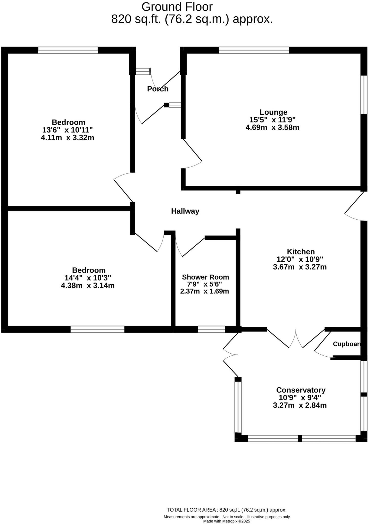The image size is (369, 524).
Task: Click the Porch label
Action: [x=158, y=89]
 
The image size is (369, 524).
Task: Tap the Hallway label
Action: [x=185, y=211]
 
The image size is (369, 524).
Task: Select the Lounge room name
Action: [x=273, y=112]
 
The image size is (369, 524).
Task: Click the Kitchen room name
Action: [x=301, y=252]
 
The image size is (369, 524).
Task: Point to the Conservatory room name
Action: [x=301, y=390]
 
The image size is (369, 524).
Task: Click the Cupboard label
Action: [x=347, y=344]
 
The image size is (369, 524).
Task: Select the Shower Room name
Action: [x=205, y=277]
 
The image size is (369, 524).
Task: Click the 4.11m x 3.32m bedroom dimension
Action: [x=67, y=138]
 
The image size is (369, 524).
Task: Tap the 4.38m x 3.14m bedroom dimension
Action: [x=88, y=286]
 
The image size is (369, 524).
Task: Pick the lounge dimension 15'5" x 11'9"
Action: [x=273, y=119]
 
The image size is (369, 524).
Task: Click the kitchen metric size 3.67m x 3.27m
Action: [x=300, y=267]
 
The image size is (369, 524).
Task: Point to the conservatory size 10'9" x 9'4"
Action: [x=300, y=398]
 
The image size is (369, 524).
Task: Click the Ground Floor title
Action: [x=177, y=7]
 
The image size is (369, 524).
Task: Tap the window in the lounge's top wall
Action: [x=254, y=50]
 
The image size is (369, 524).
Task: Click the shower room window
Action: [x=211, y=329]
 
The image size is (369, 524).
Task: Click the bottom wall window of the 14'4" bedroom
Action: [x=97, y=329]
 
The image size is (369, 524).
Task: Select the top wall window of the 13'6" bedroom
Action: [x=68, y=50]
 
